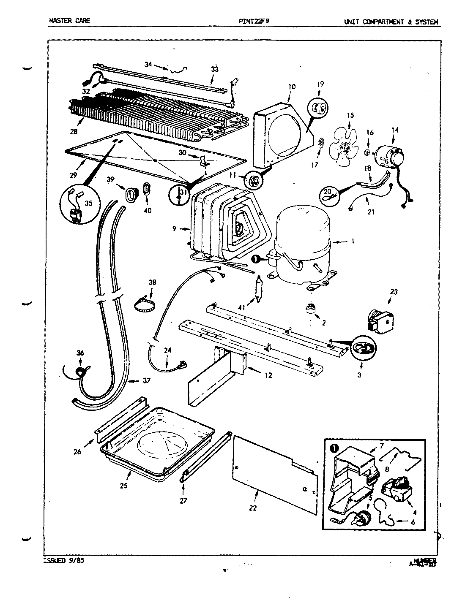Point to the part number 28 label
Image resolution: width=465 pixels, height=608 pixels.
pyautogui.click(x=74, y=132)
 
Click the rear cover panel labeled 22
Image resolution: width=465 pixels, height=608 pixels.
pyautogui.click(x=275, y=473)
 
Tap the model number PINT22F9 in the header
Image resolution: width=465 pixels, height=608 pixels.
pyautogui.click(x=254, y=22)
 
